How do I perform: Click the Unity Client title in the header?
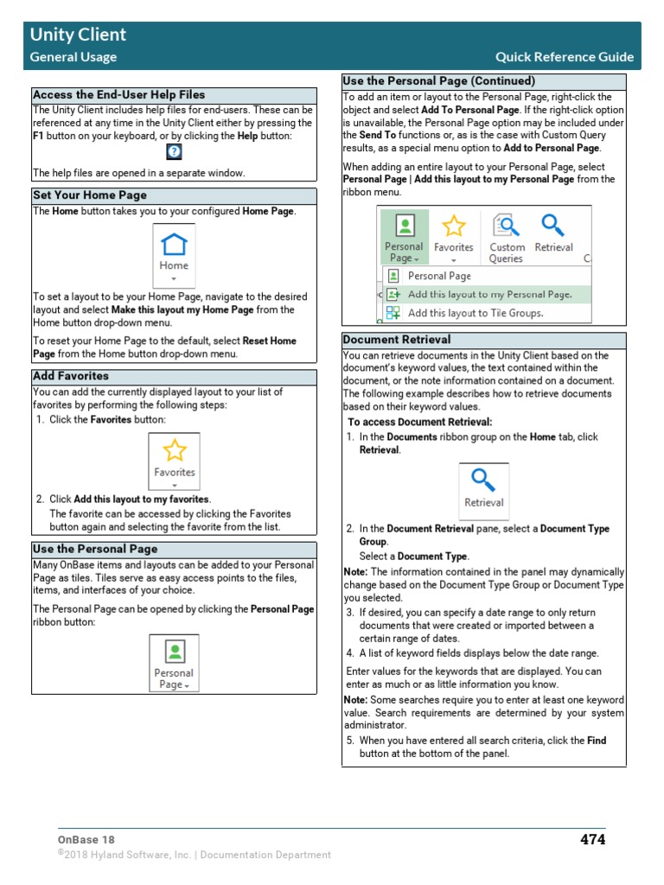coord(78,35)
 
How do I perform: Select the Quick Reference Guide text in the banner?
coord(564,57)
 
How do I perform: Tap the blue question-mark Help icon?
coord(174,151)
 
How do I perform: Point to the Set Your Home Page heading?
coord(90,195)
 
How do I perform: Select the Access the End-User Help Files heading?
coord(118,95)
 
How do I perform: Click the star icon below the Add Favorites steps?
coord(175,450)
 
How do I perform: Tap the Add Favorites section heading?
coord(71,376)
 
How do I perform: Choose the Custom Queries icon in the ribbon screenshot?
coord(507,237)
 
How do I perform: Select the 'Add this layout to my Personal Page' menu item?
coord(489,295)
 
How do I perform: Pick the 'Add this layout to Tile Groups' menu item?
coord(475,313)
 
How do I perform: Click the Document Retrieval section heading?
coord(397,340)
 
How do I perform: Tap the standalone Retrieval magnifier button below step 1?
coord(483,489)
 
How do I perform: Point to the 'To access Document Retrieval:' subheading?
coord(419,423)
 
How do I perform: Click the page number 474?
coord(592,839)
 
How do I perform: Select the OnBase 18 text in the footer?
coord(86,839)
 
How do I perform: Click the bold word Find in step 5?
coord(597,741)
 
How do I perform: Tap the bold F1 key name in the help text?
coord(38,137)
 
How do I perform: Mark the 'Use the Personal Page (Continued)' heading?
coord(439,81)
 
